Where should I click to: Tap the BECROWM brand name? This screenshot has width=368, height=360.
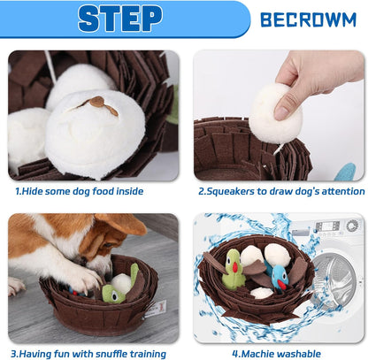click(x=309, y=19)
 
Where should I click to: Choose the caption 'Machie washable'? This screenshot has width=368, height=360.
click(x=279, y=354)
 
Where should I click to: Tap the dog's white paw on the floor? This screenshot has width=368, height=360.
click(x=16, y=287)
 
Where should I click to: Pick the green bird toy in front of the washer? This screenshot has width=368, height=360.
click(x=234, y=269)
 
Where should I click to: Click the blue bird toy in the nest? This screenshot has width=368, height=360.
click(x=279, y=279)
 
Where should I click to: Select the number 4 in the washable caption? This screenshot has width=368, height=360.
click(x=235, y=354)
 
